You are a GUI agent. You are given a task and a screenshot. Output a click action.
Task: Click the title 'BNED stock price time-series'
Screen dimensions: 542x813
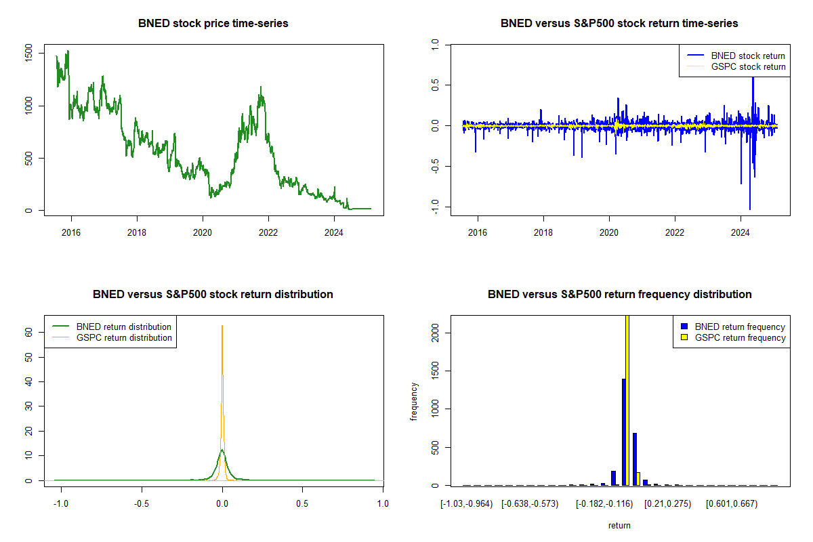[x=213, y=24]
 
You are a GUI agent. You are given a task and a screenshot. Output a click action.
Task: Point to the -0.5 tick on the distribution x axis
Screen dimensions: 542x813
[x=142, y=503]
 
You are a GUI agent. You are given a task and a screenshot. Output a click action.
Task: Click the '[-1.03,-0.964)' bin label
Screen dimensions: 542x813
[x=467, y=503]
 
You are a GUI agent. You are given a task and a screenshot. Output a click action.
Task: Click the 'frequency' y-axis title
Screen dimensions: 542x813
[x=413, y=402]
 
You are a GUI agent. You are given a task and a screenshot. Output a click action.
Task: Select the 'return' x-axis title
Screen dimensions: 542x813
[x=619, y=525]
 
